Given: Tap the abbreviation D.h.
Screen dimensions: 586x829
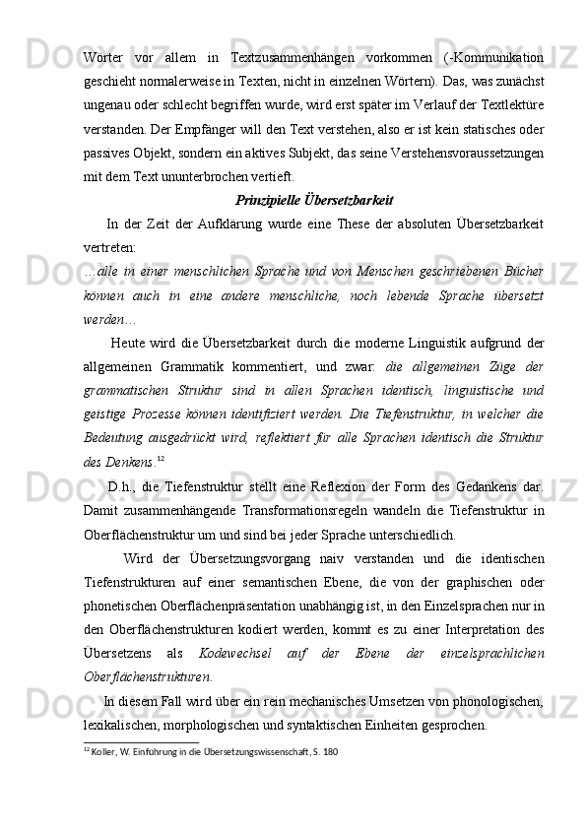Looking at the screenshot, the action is coord(119,512).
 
